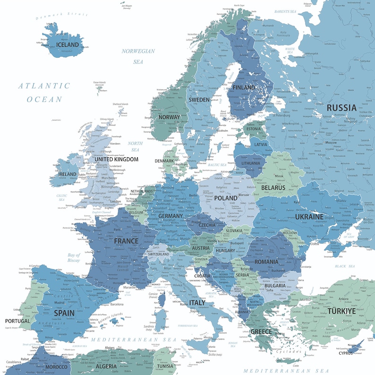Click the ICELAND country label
pos(68,45)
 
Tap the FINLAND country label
pos(243,87)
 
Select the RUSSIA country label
pos(341,108)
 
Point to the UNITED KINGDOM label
pos(116,160)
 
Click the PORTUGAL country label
pos(17,321)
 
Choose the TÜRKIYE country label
pos(341,311)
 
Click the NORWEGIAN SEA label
pos(138,56)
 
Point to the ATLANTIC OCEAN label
pos(44,93)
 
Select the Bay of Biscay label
pos(74,258)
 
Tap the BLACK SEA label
pos(345,266)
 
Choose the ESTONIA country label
pos(254,129)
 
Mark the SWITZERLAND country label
pos(158,254)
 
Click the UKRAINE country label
pos(309,216)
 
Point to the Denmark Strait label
pos(62,15)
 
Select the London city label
pos(116,202)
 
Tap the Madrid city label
pos(59,303)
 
